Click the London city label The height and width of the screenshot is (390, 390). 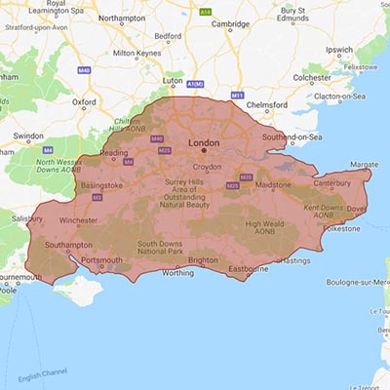[204, 142]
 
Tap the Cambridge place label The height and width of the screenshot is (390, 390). [231, 23]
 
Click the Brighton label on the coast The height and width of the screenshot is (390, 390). [203, 260]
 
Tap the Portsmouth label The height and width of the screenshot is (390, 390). [99, 260]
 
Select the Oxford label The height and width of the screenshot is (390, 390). [84, 100]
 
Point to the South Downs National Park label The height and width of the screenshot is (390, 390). [162, 248]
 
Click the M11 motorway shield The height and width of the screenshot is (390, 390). [237, 95]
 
